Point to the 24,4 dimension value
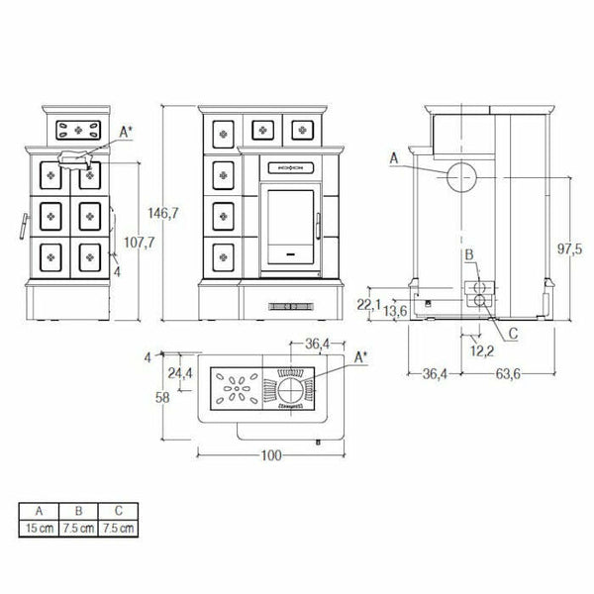tap(180, 373)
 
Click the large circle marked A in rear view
tap(458, 177)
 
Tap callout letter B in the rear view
tap(468, 255)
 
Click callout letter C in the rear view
tap(513, 334)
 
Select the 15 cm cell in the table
tap(40, 528)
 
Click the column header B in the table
tap(79, 511)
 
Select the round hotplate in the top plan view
tap(290, 388)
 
